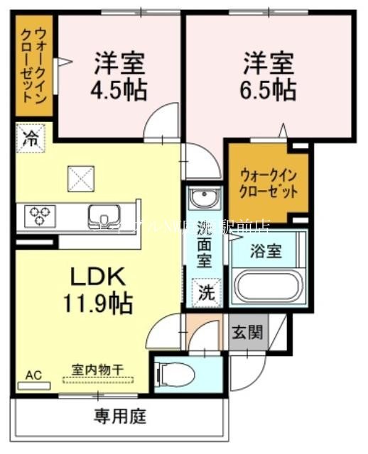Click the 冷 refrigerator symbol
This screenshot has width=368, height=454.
[31, 138]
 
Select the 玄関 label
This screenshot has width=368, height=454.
[247, 331]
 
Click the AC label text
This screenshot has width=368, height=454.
[33, 375]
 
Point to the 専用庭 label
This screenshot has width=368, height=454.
[120, 416]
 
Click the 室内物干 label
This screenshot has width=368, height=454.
[97, 369]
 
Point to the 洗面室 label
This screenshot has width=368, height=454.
[205, 244]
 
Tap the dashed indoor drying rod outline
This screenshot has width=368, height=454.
[97, 380]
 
